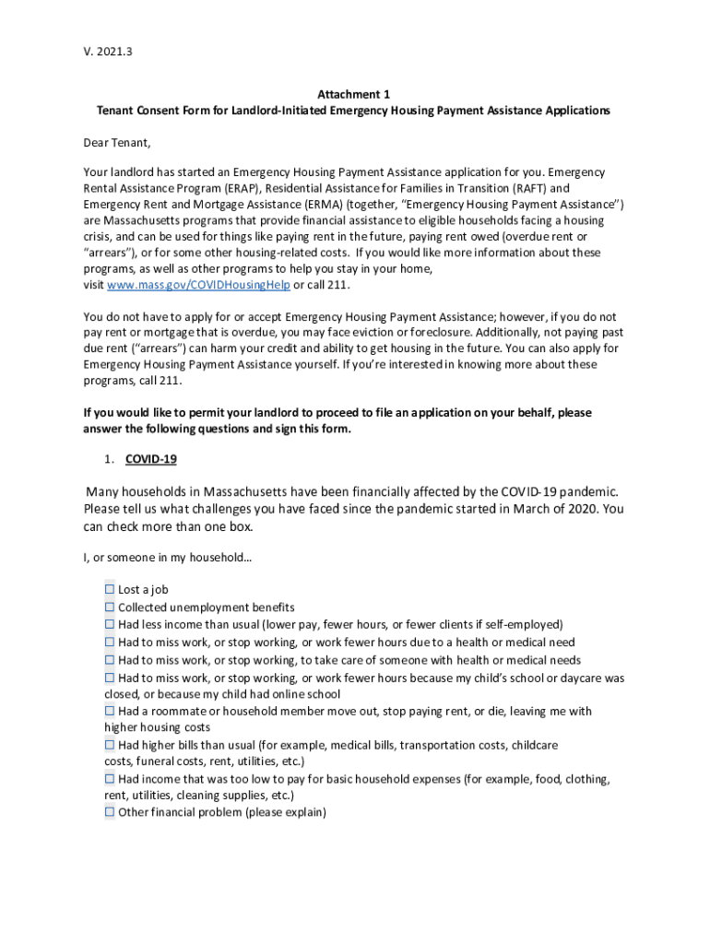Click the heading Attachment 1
354,94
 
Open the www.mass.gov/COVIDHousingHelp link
198,285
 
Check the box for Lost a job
110,589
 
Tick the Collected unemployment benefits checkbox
110,607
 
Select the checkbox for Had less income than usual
110,624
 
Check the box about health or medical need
110,642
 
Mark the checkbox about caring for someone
110,660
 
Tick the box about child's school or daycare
110,678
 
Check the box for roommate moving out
110,711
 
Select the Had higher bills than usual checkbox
110,744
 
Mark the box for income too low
110,779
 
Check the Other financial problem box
110,812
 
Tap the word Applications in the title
574,111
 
